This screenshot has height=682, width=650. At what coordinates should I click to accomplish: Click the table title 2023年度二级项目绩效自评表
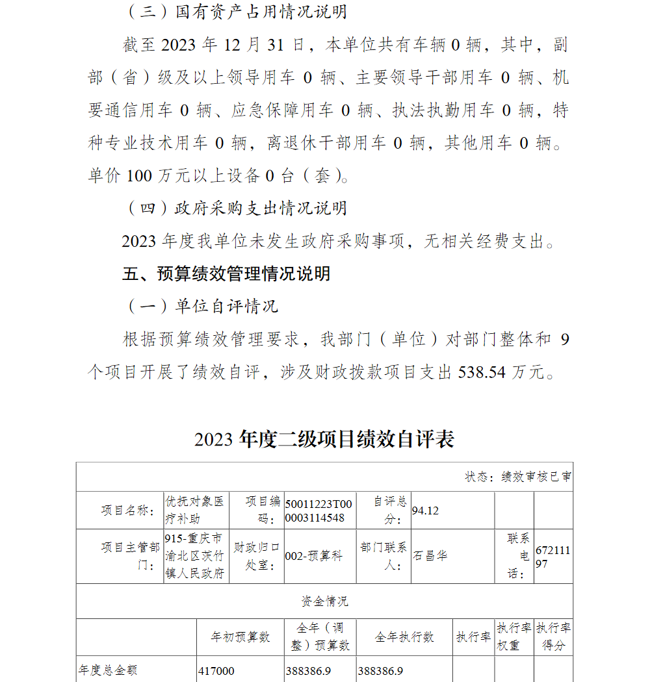point(324,440)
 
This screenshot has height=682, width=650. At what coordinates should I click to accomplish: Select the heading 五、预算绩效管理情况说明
point(226,273)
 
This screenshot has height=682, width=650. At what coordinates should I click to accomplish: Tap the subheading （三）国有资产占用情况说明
point(235,12)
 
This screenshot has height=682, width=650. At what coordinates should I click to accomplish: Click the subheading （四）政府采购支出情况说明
point(235,208)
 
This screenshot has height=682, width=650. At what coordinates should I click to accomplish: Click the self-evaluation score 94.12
point(425,511)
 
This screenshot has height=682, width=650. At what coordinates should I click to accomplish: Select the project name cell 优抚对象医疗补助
point(195,510)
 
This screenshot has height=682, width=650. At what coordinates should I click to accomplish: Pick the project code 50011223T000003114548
point(318,511)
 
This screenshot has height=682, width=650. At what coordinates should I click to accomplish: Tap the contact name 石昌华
point(430,556)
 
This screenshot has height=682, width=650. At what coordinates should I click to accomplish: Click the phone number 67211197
point(552,557)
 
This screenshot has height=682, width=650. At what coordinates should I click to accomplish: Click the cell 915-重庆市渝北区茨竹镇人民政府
point(195,556)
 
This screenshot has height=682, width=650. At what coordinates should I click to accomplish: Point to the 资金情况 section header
point(324,601)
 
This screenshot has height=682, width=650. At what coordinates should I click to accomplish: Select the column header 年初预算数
point(240,637)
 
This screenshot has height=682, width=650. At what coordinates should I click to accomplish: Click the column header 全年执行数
point(404,637)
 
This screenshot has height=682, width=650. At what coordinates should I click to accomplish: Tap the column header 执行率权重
point(513,637)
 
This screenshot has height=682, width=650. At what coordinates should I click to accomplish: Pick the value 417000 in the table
point(216,671)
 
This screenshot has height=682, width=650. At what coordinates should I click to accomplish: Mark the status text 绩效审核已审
point(536,477)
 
